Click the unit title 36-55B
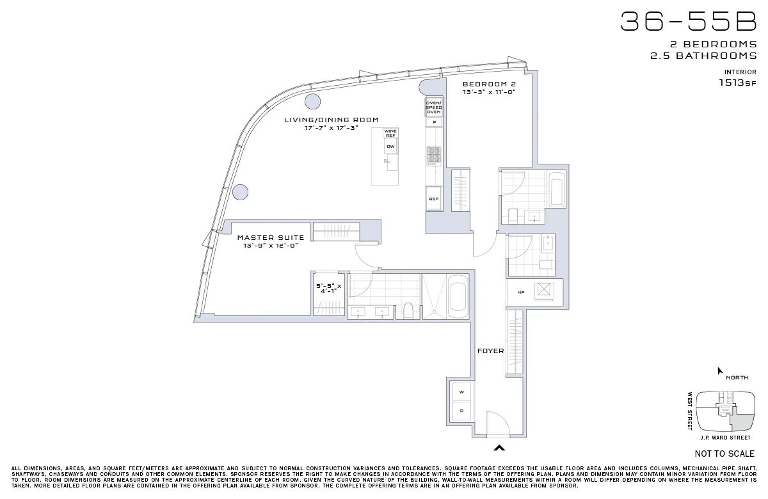[x=688, y=22]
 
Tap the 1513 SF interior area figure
[x=737, y=83]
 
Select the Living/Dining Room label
[x=332, y=120]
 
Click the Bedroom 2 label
[x=489, y=84]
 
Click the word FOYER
[x=490, y=351]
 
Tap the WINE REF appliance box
[x=390, y=134]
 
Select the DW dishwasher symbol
[x=390, y=147]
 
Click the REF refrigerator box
[x=433, y=199]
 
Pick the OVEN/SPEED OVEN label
[x=434, y=107]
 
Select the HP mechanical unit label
[x=521, y=292]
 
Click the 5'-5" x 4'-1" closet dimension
[x=329, y=289]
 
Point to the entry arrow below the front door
[x=499, y=448]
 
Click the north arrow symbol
[x=720, y=371]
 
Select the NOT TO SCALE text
[x=724, y=454]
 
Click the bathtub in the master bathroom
[x=458, y=296]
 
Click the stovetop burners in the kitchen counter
[x=434, y=155]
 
